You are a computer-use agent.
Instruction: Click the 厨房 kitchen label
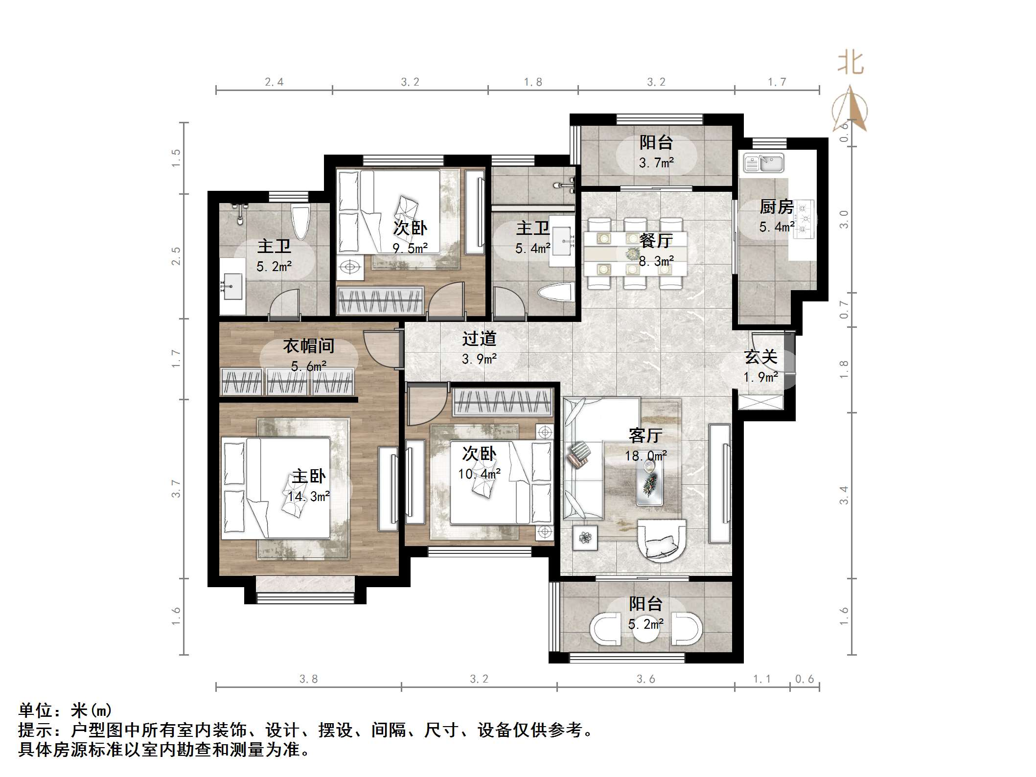[x=776, y=207]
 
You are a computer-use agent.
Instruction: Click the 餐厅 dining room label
[x=656, y=240]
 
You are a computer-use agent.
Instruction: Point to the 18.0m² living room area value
[x=645, y=456]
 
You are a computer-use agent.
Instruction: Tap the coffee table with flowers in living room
[x=649, y=482]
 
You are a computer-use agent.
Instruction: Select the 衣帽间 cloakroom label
[x=308, y=346]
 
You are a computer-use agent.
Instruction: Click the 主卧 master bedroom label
[x=308, y=476]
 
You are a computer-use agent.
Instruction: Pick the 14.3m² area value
[x=308, y=497]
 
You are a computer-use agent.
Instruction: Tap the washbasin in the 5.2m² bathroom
[x=231, y=287]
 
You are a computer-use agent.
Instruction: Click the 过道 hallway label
[x=479, y=339]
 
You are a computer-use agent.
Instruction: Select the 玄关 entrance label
[x=760, y=357]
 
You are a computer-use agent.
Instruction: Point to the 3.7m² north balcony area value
[x=656, y=163]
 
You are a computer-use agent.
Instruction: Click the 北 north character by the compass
[x=851, y=64]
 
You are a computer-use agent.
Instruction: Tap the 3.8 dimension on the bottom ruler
[x=308, y=679]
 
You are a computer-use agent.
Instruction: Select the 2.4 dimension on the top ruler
[x=274, y=82]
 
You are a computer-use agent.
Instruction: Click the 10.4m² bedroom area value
[x=479, y=474]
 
